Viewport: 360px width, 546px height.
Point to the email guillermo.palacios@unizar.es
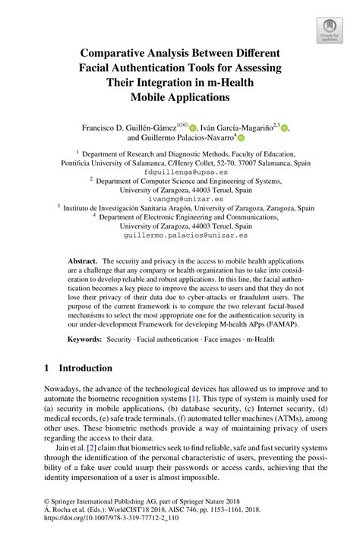click(180, 236)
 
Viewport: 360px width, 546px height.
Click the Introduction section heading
click(86, 368)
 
